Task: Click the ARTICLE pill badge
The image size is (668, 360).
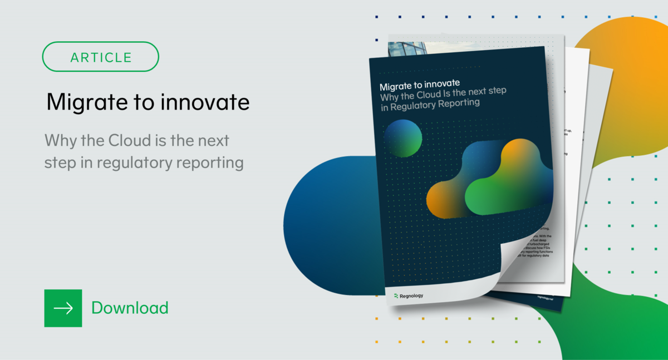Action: (x=101, y=57)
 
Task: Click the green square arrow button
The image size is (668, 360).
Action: (x=63, y=308)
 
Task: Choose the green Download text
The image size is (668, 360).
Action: (x=130, y=308)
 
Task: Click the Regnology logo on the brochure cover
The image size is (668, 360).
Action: (x=408, y=295)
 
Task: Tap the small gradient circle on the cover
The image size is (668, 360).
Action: (x=403, y=138)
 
